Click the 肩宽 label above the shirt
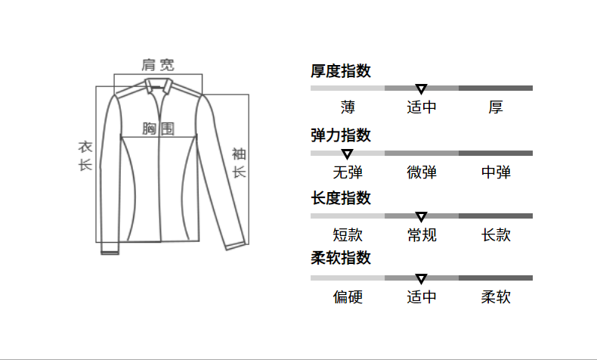158,64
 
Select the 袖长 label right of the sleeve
239,163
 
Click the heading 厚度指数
341,72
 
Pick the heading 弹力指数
341,135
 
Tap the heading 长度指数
341,198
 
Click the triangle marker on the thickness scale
422,88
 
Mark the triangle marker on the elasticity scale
348,154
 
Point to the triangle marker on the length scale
422,216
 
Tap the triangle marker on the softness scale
422,278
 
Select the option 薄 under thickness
348,107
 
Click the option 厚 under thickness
496,107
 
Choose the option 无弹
348,172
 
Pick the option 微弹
422,172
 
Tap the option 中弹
496,172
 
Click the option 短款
348,235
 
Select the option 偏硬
348,297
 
